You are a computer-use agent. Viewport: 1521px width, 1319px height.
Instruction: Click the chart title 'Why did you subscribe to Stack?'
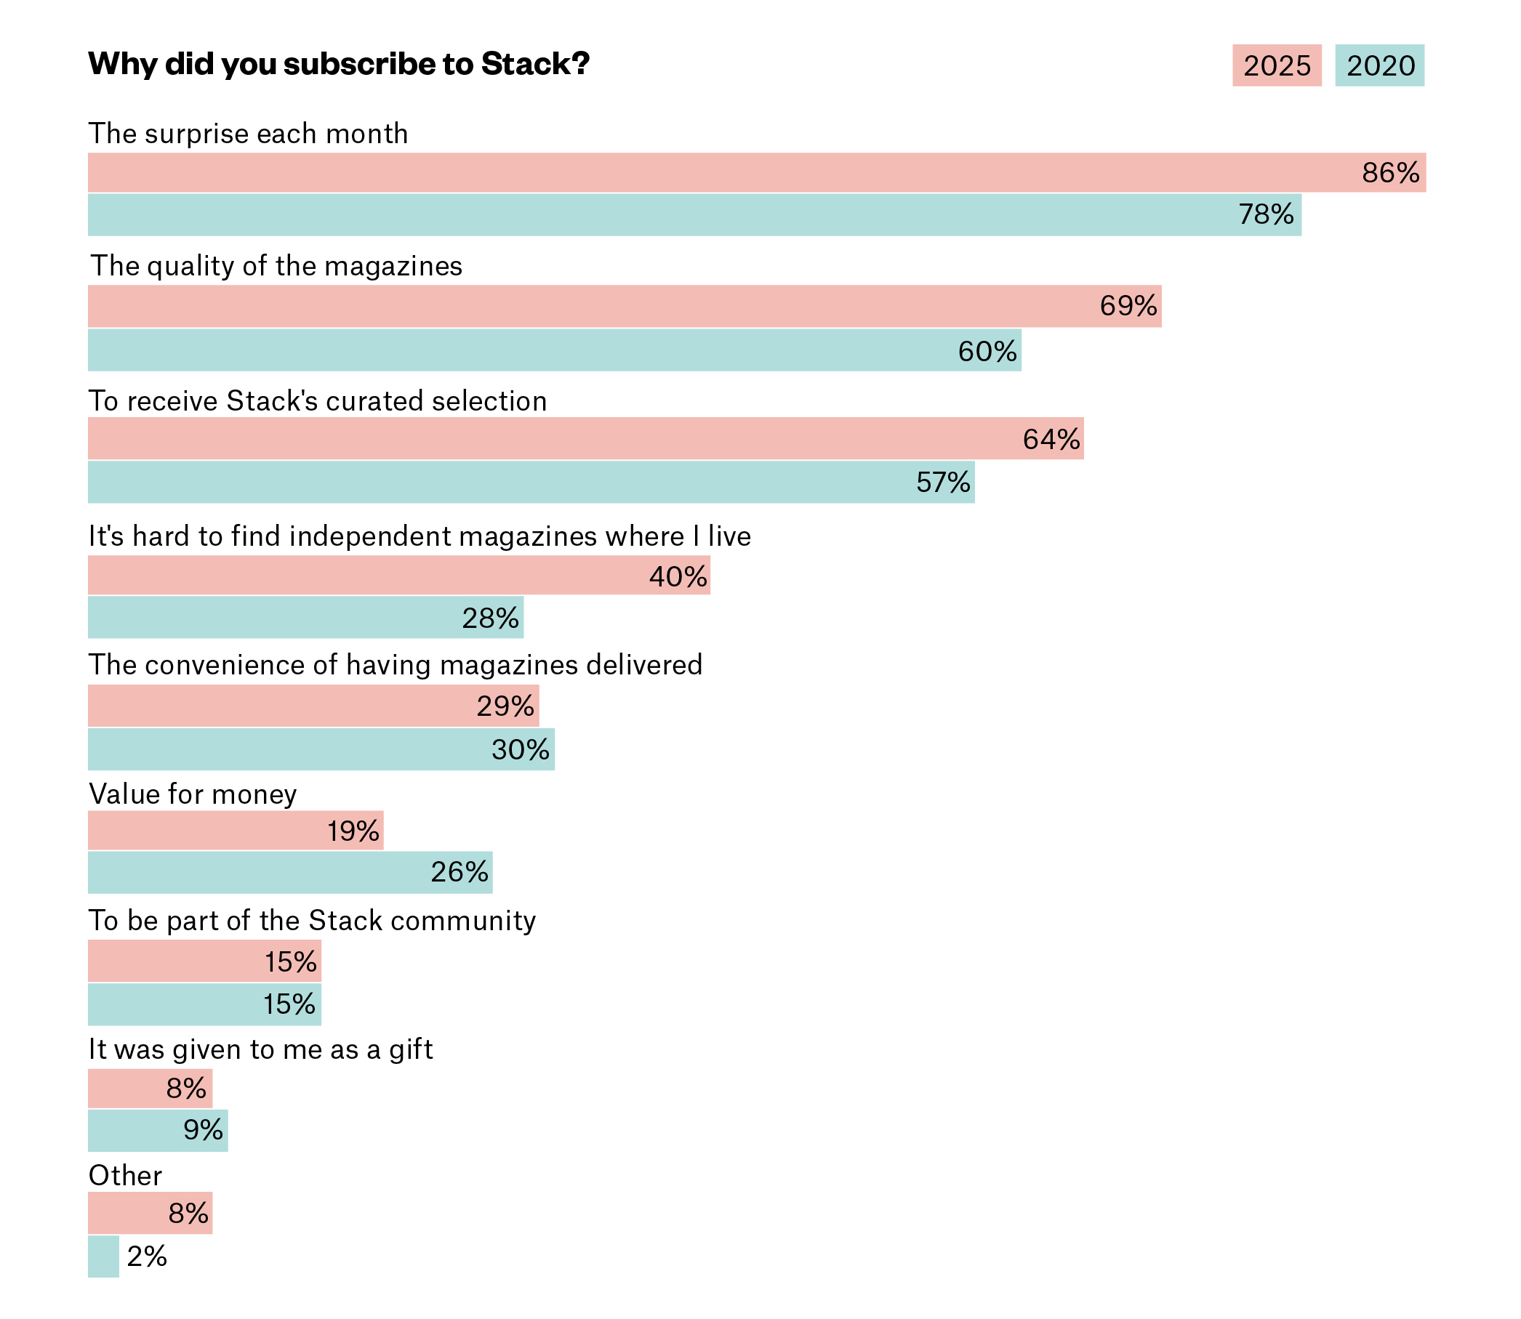339,64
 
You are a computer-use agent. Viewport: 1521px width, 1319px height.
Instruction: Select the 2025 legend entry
1276,65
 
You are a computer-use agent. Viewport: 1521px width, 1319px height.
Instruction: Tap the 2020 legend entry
1379,65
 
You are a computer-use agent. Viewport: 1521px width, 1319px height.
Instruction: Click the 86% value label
1390,173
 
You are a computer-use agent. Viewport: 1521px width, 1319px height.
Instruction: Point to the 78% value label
1266,215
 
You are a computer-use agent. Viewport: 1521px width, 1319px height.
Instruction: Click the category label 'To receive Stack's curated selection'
317,401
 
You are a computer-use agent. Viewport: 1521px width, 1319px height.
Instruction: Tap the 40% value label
678,576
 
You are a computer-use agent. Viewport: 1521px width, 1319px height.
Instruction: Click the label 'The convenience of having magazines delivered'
396,665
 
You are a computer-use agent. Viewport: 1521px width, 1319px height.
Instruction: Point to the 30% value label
520,750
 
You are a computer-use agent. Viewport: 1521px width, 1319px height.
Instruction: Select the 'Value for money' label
192,794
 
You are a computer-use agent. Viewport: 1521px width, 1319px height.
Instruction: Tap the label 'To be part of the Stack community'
311,921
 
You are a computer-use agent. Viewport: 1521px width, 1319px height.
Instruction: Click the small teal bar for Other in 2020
103,1257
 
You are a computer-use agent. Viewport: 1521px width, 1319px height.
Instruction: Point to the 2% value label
147,1257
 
